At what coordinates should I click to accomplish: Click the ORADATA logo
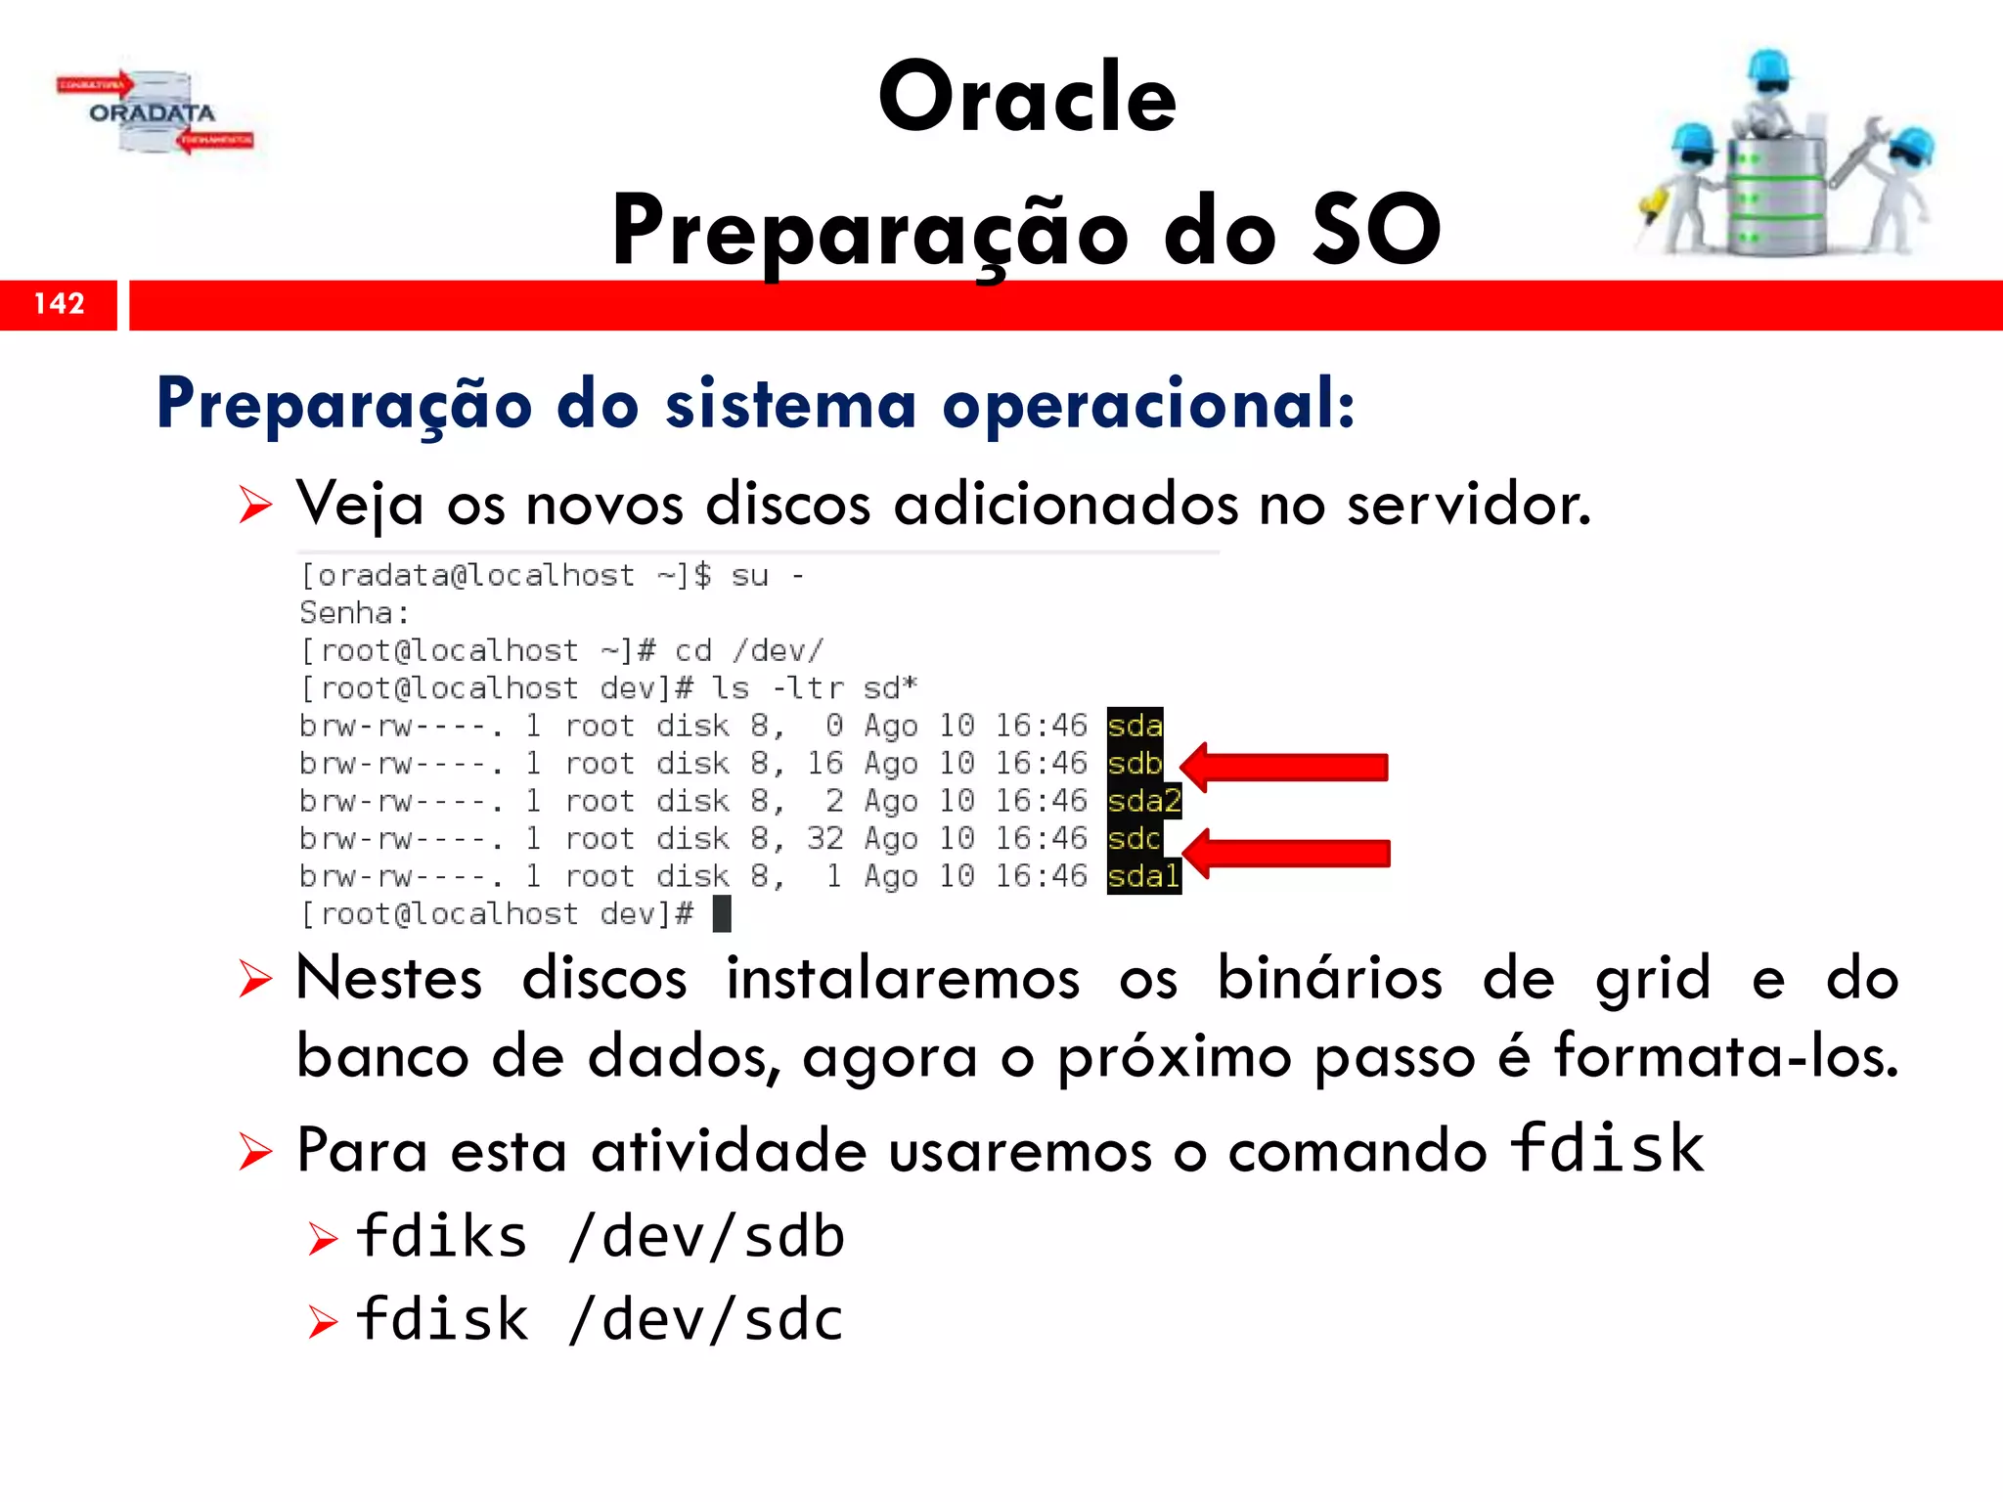point(155,113)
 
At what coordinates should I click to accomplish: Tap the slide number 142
point(59,304)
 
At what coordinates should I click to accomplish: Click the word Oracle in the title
point(1027,98)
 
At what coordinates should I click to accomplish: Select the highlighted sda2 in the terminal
point(1144,802)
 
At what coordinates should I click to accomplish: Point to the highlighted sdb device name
point(1135,764)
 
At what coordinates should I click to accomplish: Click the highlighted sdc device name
point(1134,839)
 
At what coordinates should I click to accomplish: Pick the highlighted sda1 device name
point(1143,876)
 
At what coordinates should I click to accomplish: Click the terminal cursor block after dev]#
point(722,914)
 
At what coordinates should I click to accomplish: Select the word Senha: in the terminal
point(354,614)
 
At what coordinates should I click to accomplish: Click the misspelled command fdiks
point(442,1237)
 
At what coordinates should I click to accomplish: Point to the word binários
point(1329,979)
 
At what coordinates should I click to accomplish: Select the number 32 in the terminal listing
point(824,839)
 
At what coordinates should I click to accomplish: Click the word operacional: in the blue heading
point(1148,405)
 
